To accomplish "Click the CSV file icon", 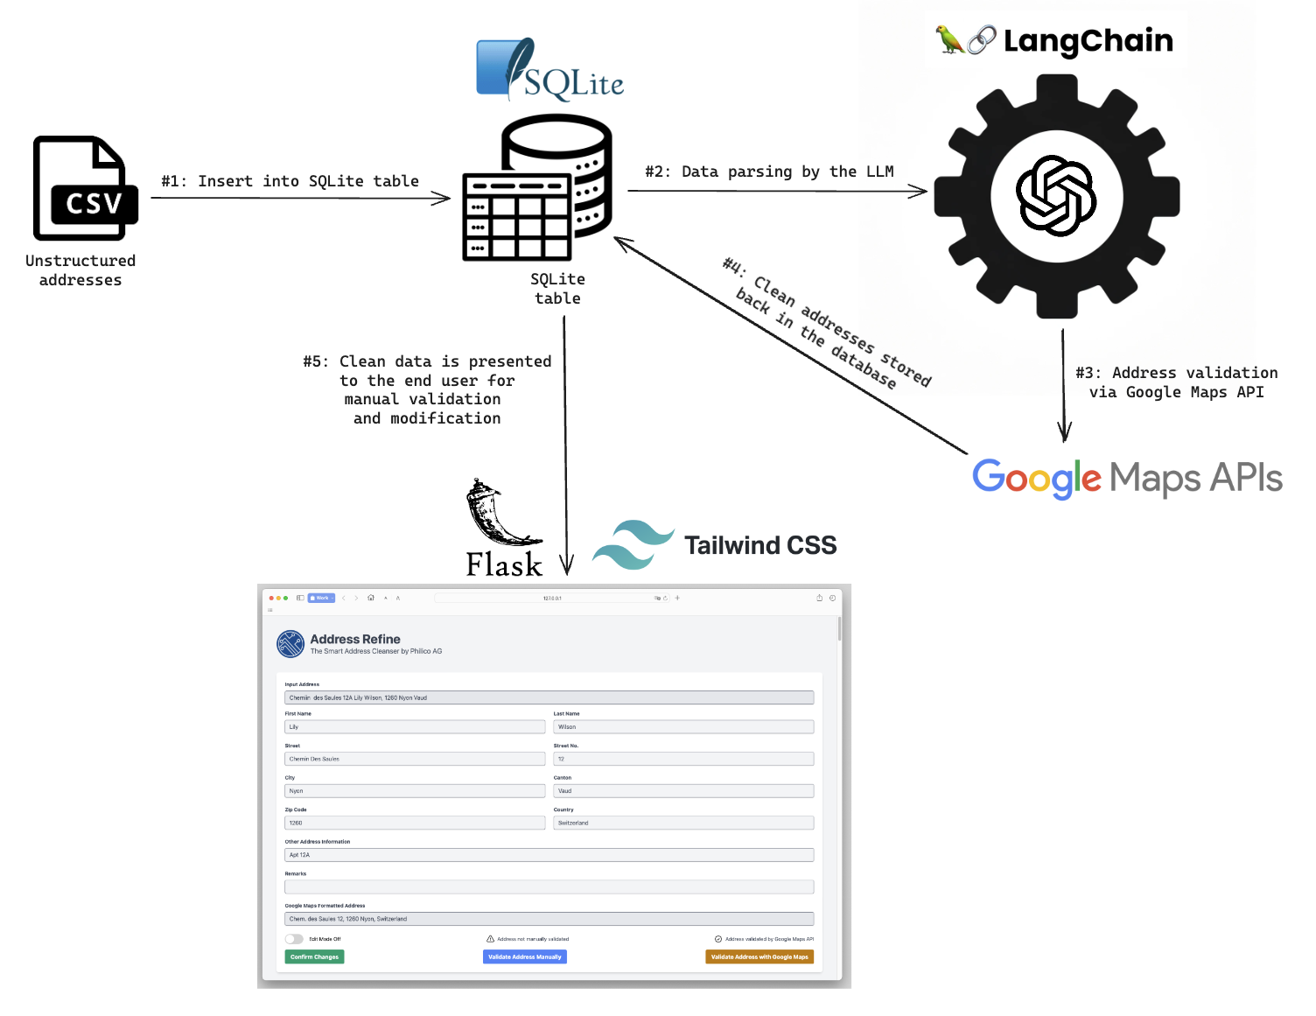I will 85,188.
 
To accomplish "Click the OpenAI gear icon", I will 1056,195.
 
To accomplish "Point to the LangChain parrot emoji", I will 949,39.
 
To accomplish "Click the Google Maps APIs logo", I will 1126,478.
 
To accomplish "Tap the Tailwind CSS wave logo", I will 633,544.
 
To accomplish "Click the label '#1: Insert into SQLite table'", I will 290,181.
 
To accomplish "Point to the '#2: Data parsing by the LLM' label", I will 769,172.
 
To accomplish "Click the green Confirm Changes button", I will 314,956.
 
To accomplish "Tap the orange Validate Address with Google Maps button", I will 759,956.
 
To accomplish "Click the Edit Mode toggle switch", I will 294,939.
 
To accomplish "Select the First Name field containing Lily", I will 415,726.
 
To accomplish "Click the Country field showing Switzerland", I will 682,823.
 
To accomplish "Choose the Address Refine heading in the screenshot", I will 355,639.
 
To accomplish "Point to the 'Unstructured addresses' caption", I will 80,270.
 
